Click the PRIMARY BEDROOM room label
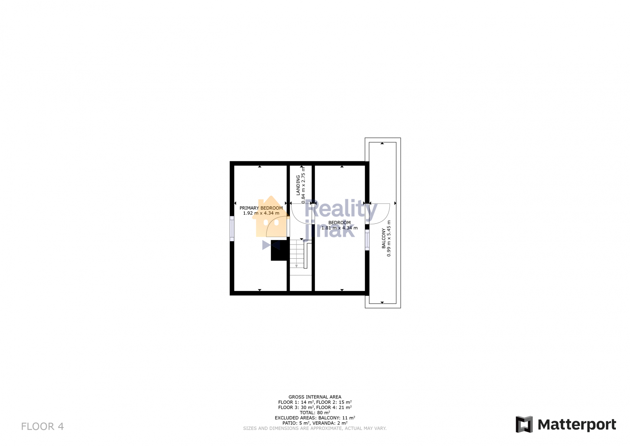pyautogui.click(x=261, y=208)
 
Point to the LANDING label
pyautogui.click(x=298, y=185)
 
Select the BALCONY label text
pyautogui.click(x=384, y=238)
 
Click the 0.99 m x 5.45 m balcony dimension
pyautogui.click(x=389, y=238)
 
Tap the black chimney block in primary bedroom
pyautogui.click(x=279, y=250)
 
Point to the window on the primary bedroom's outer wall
pyautogui.click(x=232, y=229)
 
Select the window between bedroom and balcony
pyautogui.click(x=367, y=240)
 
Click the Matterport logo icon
pyautogui.click(x=524, y=424)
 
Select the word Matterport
pyautogui.click(x=577, y=425)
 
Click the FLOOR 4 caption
pyautogui.click(x=42, y=427)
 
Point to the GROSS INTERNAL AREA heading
pyautogui.click(x=315, y=397)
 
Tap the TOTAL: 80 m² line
pyautogui.click(x=315, y=413)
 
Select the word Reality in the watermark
pyautogui.click(x=341, y=210)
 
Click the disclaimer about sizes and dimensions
pyautogui.click(x=315, y=428)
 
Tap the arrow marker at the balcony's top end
pyautogui.click(x=382, y=143)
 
